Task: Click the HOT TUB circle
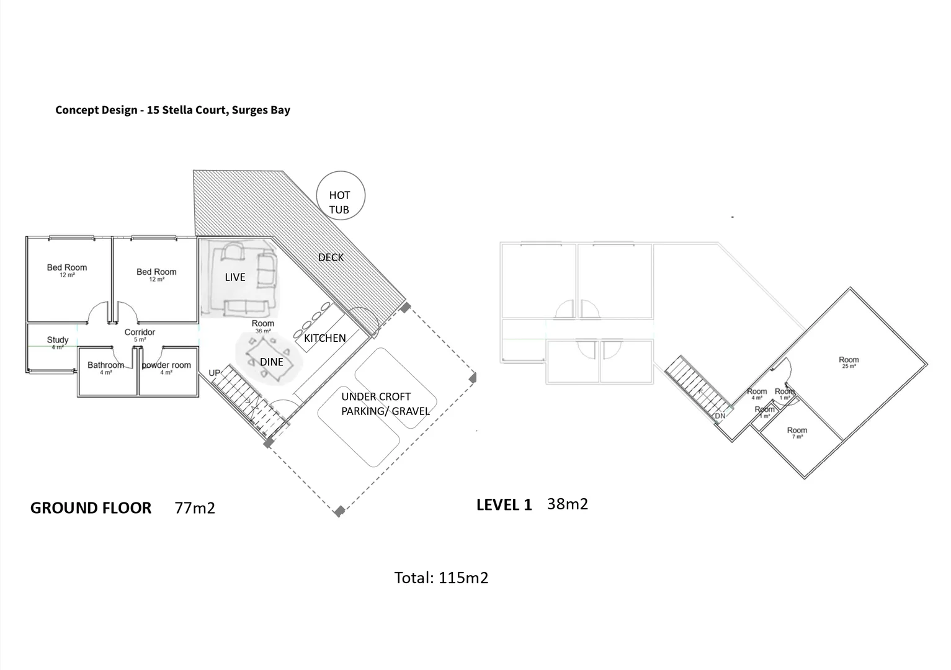341,196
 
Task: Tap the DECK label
331,257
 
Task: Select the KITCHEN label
324,338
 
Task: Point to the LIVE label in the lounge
235,277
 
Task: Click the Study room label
58,340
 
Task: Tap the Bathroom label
105,365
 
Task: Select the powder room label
166,365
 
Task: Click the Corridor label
140,333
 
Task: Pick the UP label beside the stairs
215,373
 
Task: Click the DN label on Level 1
720,416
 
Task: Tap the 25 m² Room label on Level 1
849,360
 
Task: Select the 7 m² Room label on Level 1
797,431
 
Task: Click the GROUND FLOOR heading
91,508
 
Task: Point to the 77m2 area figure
195,508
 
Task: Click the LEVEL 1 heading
504,505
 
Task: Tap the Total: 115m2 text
441,578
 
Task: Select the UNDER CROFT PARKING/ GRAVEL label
385,404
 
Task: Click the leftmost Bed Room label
67,268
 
